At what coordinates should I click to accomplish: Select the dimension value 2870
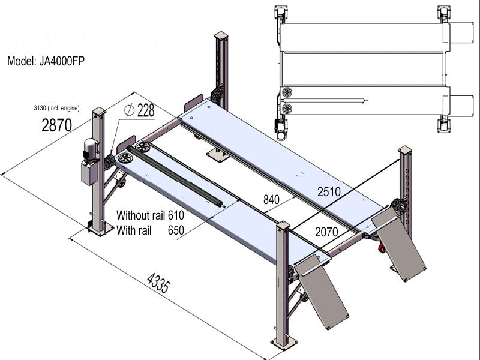point(56,125)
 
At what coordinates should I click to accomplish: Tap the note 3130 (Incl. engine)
point(64,109)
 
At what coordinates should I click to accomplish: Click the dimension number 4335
point(157,282)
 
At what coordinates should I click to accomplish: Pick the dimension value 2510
point(329,192)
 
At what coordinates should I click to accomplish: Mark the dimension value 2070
point(326,232)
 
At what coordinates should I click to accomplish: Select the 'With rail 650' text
point(149,229)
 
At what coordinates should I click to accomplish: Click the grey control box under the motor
point(89,173)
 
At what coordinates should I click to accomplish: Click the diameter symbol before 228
point(128,110)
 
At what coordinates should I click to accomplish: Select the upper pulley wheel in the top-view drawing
point(286,92)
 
